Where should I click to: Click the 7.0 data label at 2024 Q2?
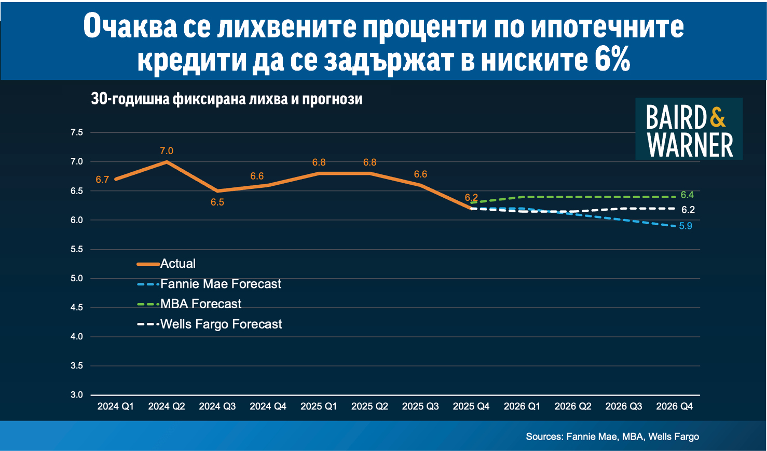point(166,151)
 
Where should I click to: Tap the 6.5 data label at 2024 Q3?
point(217,202)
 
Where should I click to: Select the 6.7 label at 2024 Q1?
point(102,180)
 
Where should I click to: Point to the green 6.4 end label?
point(687,195)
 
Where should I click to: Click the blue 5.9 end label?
point(686,226)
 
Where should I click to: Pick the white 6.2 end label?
point(688,210)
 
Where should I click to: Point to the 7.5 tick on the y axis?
point(77,133)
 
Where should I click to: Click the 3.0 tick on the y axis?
point(77,395)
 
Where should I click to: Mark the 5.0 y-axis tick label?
point(77,279)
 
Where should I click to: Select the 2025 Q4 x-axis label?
point(471,406)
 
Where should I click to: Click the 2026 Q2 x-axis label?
point(572,406)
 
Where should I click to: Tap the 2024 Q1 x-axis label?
point(115,406)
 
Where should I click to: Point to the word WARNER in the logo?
point(690,145)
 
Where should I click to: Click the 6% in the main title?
point(612,60)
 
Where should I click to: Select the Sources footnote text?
point(612,436)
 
